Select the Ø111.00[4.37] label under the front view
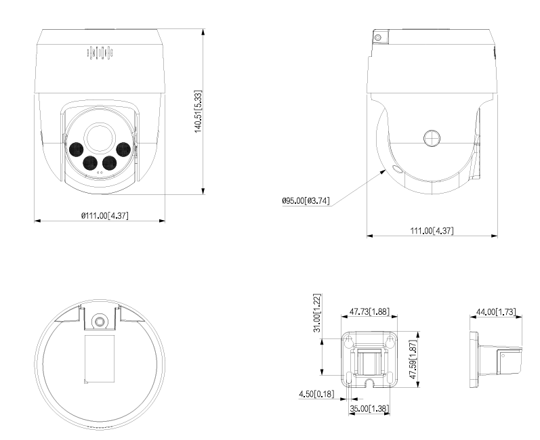coord(105,215)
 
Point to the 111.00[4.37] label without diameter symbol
coord(432,231)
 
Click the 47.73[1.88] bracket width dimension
coord(369,311)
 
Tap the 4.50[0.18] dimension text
coord(316,394)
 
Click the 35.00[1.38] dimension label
coord(368,408)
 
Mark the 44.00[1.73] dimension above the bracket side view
coord(497,311)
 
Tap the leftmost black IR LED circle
coord(74,149)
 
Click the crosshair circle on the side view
coord(432,138)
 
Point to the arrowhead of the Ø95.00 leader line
coord(385,170)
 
